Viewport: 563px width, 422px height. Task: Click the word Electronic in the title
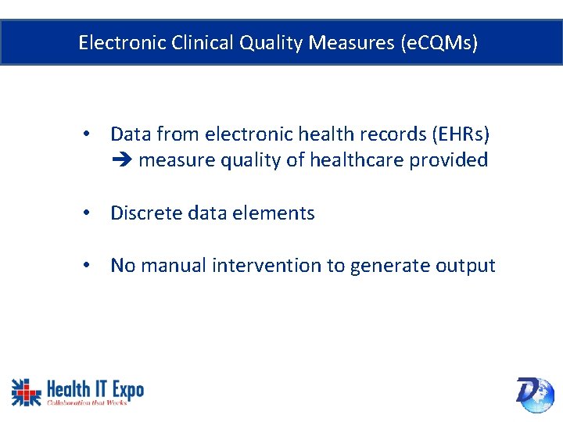coord(115,42)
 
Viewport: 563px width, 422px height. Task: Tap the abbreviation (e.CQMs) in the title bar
coord(438,42)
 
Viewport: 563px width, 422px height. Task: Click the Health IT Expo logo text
coord(95,388)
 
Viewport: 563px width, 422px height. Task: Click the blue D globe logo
coord(535,393)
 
